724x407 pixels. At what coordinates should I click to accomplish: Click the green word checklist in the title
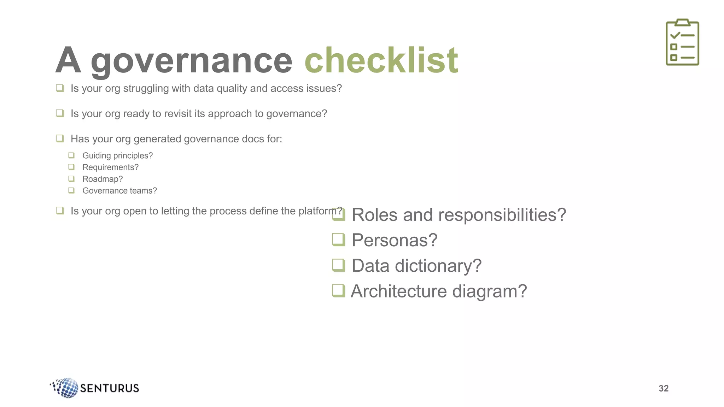tap(381, 61)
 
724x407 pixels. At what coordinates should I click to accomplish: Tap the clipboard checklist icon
tap(682, 42)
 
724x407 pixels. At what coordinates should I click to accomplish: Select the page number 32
tap(664, 388)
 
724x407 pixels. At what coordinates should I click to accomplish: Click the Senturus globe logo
tap(66, 388)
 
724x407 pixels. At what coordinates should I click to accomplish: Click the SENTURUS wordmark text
tap(110, 388)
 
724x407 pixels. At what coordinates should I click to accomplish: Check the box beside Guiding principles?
tap(71, 155)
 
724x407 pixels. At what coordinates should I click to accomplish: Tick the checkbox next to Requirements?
tap(71, 167)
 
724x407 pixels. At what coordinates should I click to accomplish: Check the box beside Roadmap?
tap(71, 179)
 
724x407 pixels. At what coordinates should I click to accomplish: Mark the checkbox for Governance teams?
tap(71, 190)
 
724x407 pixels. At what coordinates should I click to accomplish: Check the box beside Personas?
tap(338, 240)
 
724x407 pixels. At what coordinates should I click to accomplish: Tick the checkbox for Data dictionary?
tap(338, 265)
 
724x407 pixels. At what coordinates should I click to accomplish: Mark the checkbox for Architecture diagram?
tap(338, 291)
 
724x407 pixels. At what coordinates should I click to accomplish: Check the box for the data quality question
tap(60, 88)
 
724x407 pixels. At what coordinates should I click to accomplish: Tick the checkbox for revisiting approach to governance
tap(60, 113)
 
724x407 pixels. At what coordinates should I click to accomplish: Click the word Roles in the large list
tap(374, 215)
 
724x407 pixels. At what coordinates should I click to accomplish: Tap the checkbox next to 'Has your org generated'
tap(60, 138)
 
